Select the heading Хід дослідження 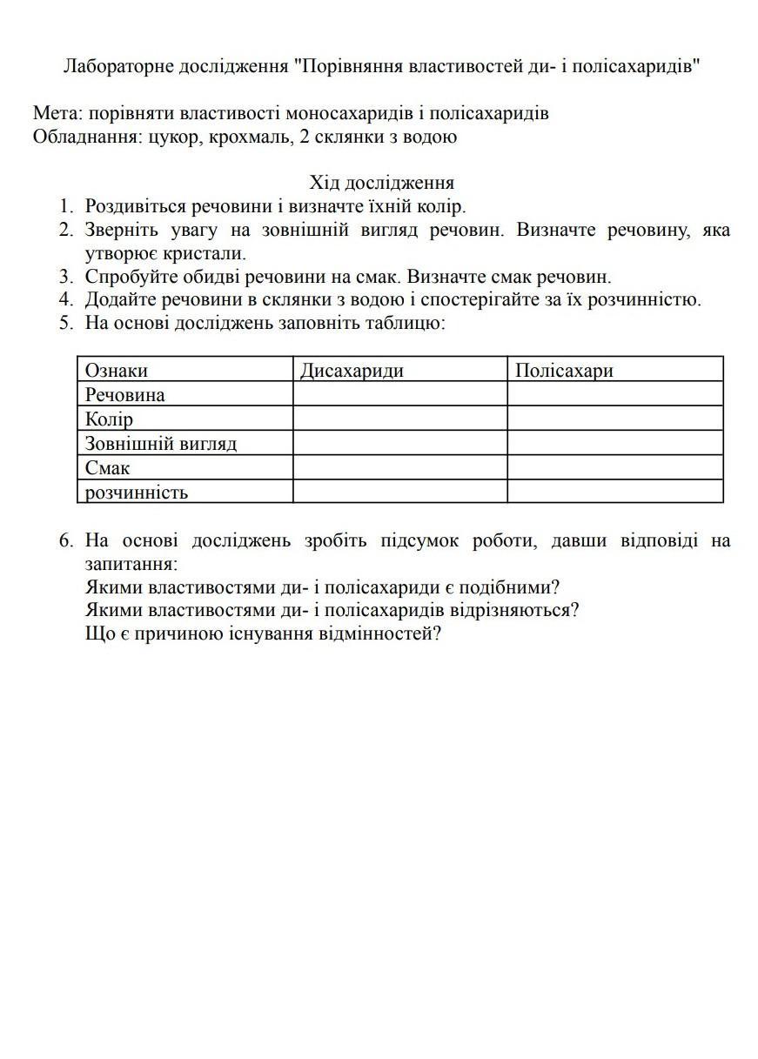(382, 183)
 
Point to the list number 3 (65, 277)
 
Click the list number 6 (65, 540)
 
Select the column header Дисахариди (352, 371)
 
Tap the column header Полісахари (564, 371)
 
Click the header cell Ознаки (116, 371)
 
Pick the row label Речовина (124, 395)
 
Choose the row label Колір (109, 419)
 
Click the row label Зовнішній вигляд (160, 444)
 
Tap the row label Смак (107, 468)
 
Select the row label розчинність (136, 493)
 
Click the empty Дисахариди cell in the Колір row (399, 419)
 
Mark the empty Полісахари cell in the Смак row (614, 467)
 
